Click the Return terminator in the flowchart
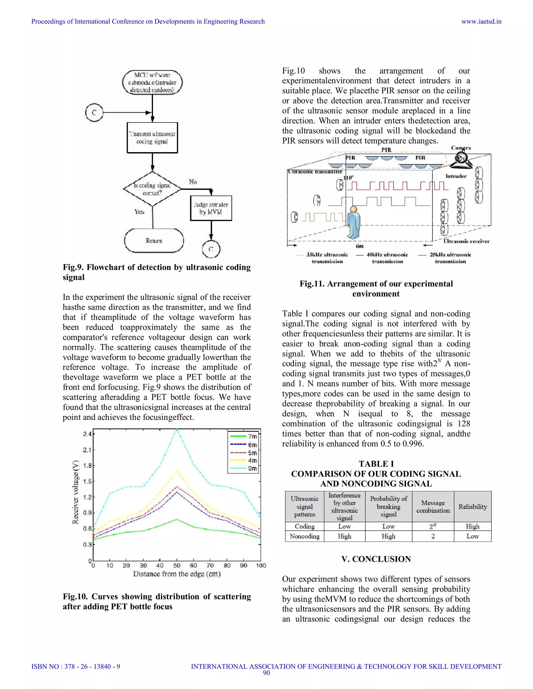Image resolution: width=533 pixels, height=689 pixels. tap(154, 241)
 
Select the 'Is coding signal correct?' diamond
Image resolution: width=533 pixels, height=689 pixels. tap(152, 189)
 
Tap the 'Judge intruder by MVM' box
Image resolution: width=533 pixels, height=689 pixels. tap(211, 208)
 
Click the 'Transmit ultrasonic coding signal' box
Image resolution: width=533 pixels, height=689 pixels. tap(152, 138)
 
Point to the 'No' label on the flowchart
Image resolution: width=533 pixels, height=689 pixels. tap(193, 182)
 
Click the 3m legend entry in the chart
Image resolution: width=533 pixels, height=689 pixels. tap(243, 468)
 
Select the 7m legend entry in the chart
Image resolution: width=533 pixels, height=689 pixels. tap(243, 436)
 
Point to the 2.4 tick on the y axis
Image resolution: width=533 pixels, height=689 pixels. tap(87, 434)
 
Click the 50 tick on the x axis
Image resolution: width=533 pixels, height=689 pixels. tap(177, 565)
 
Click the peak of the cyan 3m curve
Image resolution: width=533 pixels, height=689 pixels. tap(177, 430)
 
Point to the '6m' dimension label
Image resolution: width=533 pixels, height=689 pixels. tap(360, 246)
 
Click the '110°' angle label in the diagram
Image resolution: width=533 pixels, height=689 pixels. tap(348, 178)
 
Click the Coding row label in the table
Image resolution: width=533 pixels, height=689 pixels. tap(304, 526)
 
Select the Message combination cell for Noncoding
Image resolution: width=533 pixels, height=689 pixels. tap(433, 536)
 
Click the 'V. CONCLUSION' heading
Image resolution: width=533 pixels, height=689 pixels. tap(376, 559)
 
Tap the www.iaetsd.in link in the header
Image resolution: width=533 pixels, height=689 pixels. tap(481, 22)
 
